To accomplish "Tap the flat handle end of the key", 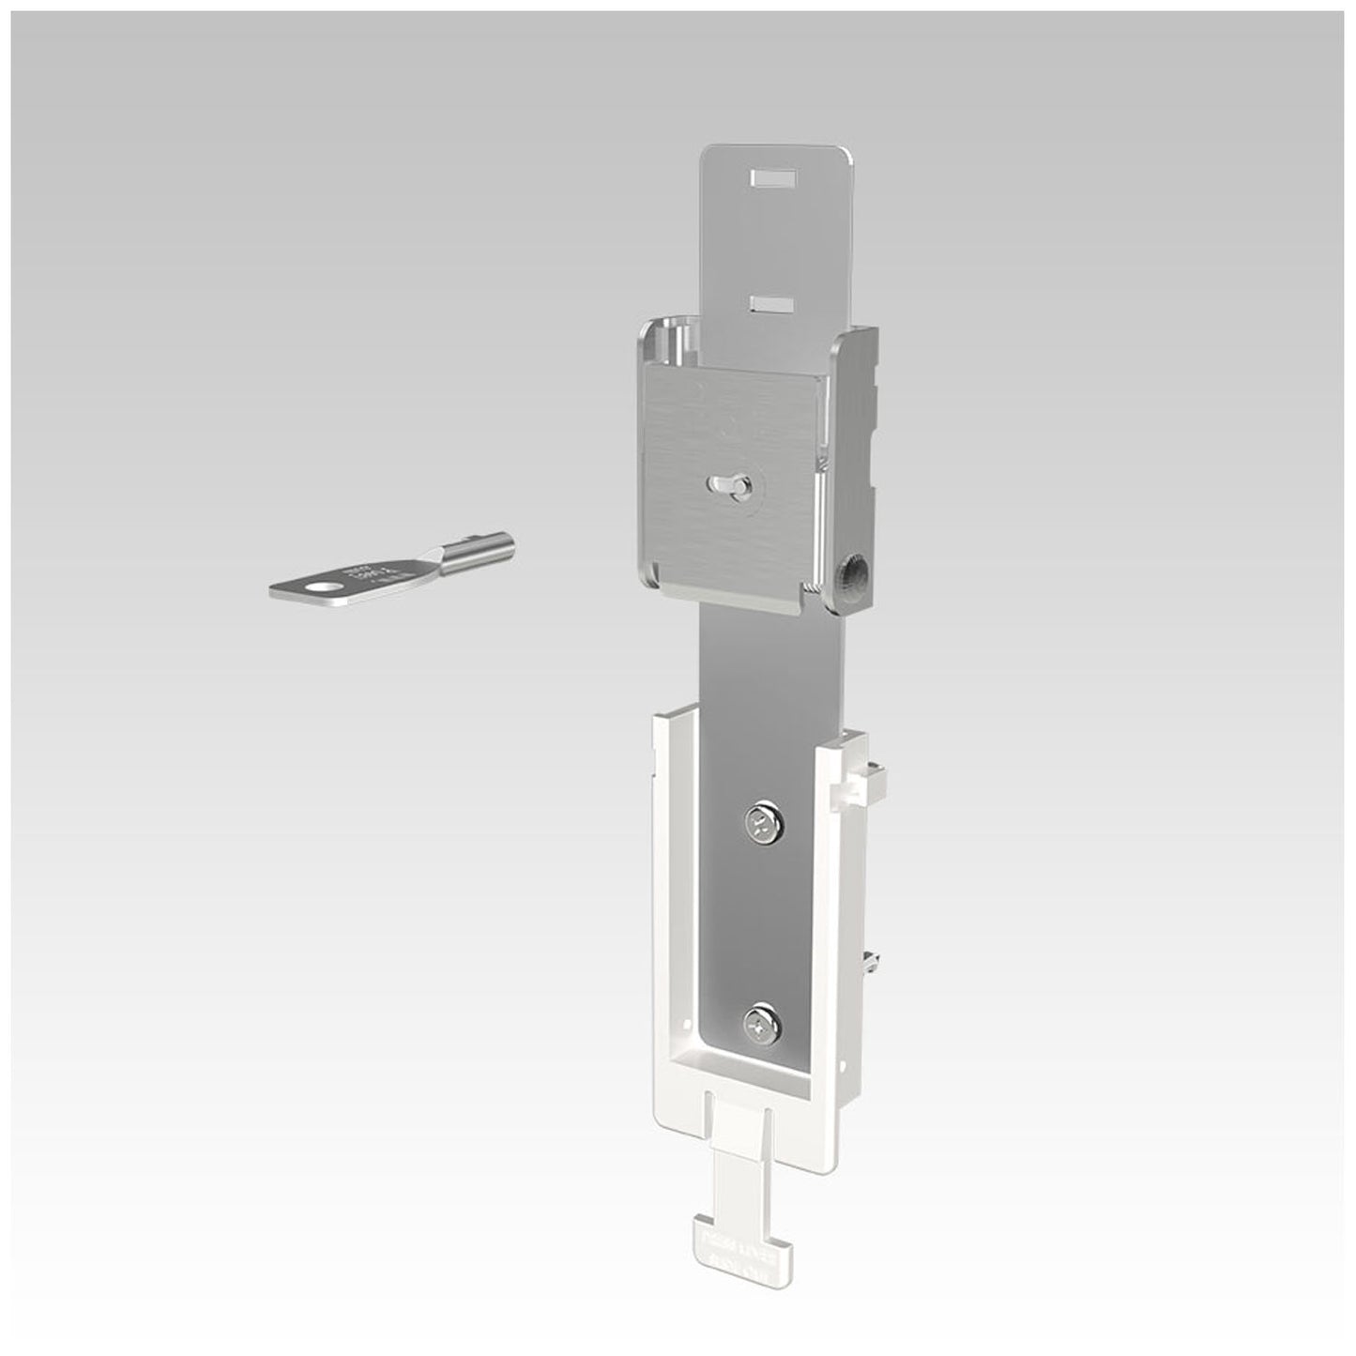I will [310, 589].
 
